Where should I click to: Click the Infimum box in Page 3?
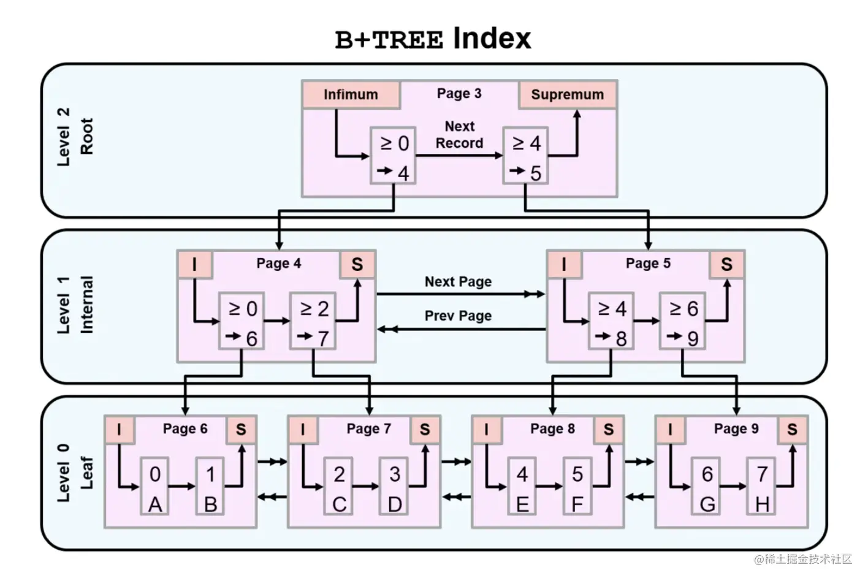coord(351,94)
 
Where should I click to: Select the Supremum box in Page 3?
coord(567,94)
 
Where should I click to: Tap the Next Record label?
coord(459,135)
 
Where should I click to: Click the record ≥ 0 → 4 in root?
coord(393,156)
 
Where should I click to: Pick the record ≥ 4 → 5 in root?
coord(525,156)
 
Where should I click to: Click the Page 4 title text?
coord(278,264)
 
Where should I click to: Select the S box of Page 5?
coord(726,264)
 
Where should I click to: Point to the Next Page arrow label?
coord(458,282)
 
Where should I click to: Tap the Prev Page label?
coord(458,316)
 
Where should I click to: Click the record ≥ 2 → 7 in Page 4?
coord(313,322)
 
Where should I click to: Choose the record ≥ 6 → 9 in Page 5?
coord(682,322)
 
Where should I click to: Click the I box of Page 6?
coord(119,430)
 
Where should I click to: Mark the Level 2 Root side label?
coord(75,137)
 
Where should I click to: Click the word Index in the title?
coord(492,38)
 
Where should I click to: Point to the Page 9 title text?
coord(736,429)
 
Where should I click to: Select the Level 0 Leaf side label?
coord(75,473)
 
